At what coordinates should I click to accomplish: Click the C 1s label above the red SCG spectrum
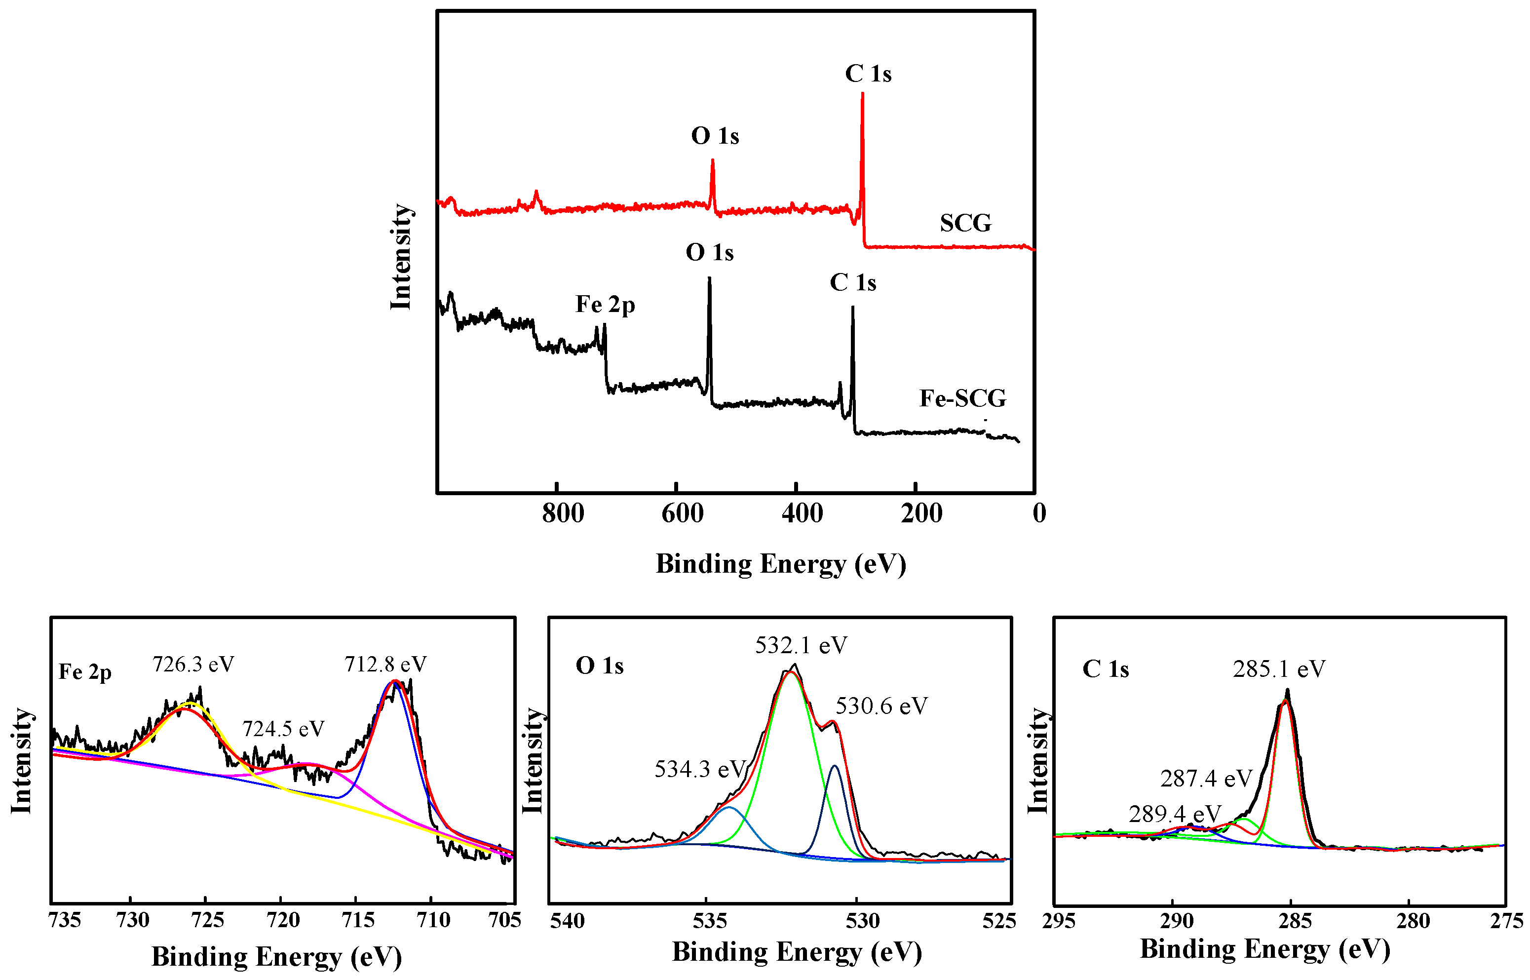coord(868,74)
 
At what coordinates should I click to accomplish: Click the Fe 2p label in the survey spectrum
coord(605,305)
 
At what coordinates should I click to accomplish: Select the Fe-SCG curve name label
coord(962,398)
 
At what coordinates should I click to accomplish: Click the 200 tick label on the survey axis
coord(920,513)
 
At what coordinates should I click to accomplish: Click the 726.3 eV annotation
coord(193,665)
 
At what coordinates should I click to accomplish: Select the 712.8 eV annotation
coord(385,665)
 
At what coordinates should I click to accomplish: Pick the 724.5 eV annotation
coord(283,729)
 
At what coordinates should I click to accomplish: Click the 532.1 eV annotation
coord(801,646)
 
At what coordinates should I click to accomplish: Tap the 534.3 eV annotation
coord(700,769)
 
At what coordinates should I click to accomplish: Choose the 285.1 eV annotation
coord(1279,669)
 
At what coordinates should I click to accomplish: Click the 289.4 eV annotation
coord(1175,814)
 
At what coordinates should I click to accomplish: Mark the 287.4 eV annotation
coord(1206,779)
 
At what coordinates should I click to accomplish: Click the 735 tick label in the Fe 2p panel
coord(64,920)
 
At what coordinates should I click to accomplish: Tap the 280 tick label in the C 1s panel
coord(1413,921)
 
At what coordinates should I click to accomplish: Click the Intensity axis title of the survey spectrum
coord(401,257)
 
